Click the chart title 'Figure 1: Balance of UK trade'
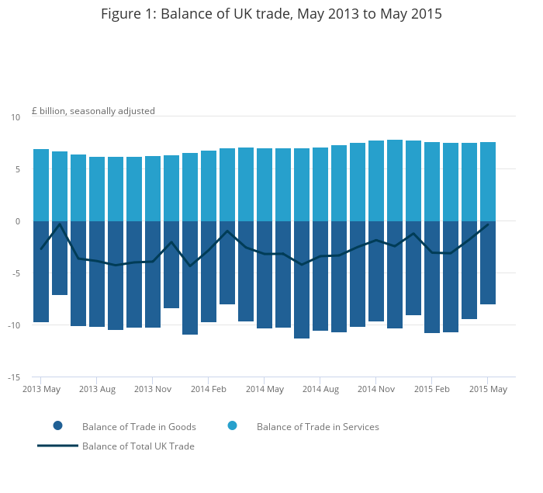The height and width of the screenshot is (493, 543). pos(271,14)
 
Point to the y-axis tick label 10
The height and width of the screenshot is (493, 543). pos(16,117)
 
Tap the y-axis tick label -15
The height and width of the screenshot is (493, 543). pos(14,377)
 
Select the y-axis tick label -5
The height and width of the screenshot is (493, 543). pos(16,273)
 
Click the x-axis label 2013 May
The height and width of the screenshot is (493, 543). pos(41,389)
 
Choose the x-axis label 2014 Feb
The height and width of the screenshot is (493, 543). pos(209,389)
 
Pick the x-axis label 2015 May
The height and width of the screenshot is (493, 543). pos(488,389)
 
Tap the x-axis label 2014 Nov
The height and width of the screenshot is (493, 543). pos(376,389)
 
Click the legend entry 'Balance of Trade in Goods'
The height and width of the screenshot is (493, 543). pos(139,427)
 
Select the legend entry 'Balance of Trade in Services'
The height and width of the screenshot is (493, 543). pos(317,427)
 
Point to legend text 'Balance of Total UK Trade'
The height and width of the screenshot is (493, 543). pos(138,446)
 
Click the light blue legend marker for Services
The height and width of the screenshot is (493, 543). pos(232,426)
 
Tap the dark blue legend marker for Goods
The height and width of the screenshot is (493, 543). pos(57,426)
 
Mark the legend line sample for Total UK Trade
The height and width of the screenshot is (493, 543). pos(57,446)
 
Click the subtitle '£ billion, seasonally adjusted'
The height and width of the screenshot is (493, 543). pos(93,111)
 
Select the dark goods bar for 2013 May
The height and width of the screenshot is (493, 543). pos(41,272)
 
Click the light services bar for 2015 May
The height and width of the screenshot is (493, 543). pos(488,182)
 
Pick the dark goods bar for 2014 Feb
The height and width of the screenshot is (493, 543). pos(209,272)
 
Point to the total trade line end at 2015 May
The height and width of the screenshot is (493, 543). pos(488,224)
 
